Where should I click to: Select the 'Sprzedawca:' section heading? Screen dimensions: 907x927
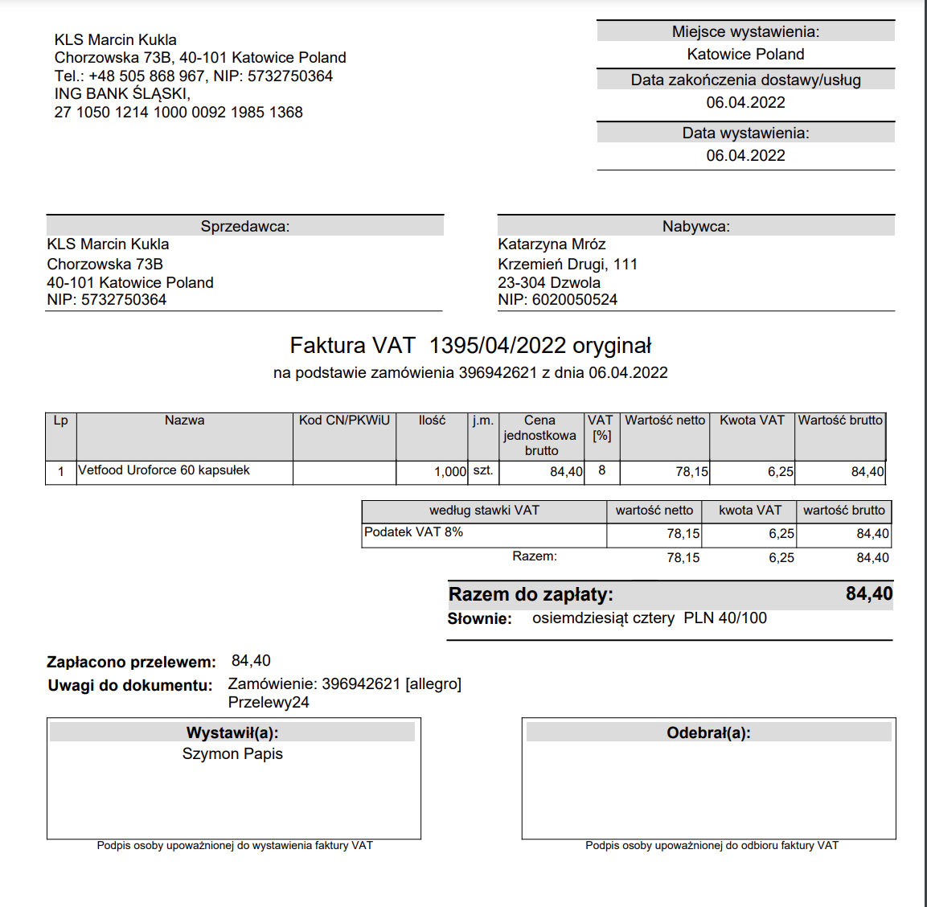click(245, 227)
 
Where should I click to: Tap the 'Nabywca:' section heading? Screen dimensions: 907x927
click(696, 227)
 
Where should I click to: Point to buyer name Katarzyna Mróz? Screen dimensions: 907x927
click(552, 244)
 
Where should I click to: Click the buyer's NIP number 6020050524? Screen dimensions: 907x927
click(574, 300)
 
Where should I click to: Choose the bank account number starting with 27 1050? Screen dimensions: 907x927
click(178, 113)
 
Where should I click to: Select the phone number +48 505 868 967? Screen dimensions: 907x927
click(146, 76)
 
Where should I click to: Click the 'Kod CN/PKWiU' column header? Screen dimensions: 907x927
click(344, 421)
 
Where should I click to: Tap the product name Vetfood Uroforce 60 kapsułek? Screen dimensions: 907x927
click(164, 470)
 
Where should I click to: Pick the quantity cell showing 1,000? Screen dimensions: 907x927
click(449, 472)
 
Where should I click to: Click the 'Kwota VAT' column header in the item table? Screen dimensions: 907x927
click(752, 421)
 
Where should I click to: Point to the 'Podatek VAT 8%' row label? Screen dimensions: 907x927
click(413, 532)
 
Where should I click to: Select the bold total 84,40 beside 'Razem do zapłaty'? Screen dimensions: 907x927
click(868, 594)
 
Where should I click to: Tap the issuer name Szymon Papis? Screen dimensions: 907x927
click(232, 754)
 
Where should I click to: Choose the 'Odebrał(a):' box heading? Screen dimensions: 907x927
click(708, 733)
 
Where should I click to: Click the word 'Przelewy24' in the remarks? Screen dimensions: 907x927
click(269, 703)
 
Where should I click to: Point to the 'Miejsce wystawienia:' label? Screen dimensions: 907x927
click(745, 32)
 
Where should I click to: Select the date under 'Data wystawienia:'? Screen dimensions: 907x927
click(745, 156)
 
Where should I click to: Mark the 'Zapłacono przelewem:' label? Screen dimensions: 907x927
click(131, 663)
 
